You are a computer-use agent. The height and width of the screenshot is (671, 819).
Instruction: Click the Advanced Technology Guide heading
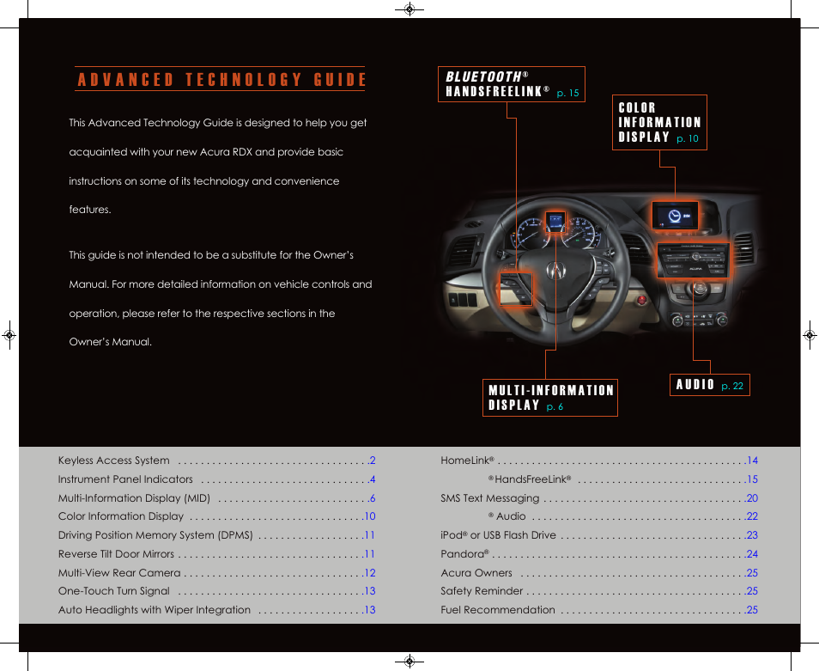pos(221,80)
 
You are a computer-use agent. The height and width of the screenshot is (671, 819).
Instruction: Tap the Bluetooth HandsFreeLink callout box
pos(512,84)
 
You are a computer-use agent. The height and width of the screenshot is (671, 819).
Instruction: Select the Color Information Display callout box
pos(659,122)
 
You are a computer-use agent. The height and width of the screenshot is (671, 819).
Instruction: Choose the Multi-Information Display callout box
pos(550,398)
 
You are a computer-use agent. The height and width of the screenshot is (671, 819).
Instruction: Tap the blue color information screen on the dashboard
pos(674,217)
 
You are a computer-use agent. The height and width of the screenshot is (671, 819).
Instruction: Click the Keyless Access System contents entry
pos(114,461)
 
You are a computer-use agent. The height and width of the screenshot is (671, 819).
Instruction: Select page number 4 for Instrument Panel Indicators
pos(373,479)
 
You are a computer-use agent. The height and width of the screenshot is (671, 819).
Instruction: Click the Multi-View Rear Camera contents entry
pos(119,573)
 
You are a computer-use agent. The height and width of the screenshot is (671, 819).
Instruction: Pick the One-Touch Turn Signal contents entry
pos(114,591)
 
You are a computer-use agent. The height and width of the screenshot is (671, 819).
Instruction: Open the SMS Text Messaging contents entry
pos(490,498)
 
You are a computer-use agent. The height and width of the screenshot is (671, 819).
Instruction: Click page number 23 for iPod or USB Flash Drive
pos(751,535)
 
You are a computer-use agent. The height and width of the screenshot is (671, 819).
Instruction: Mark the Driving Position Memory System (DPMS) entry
pos(155,535)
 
